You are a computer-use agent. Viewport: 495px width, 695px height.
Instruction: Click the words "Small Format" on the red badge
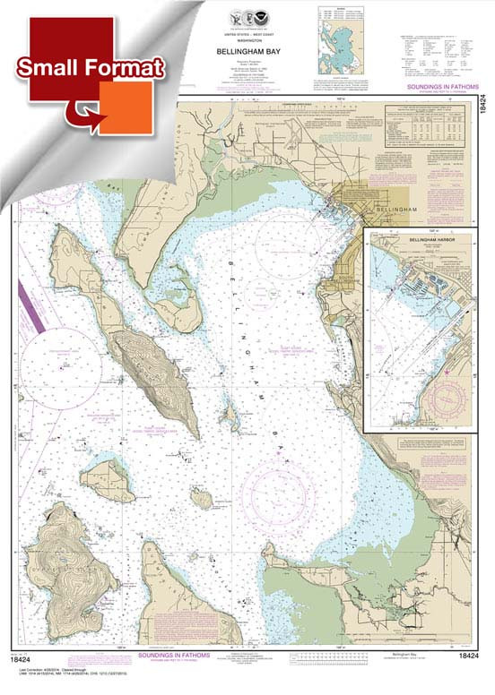tap(88, 67)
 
